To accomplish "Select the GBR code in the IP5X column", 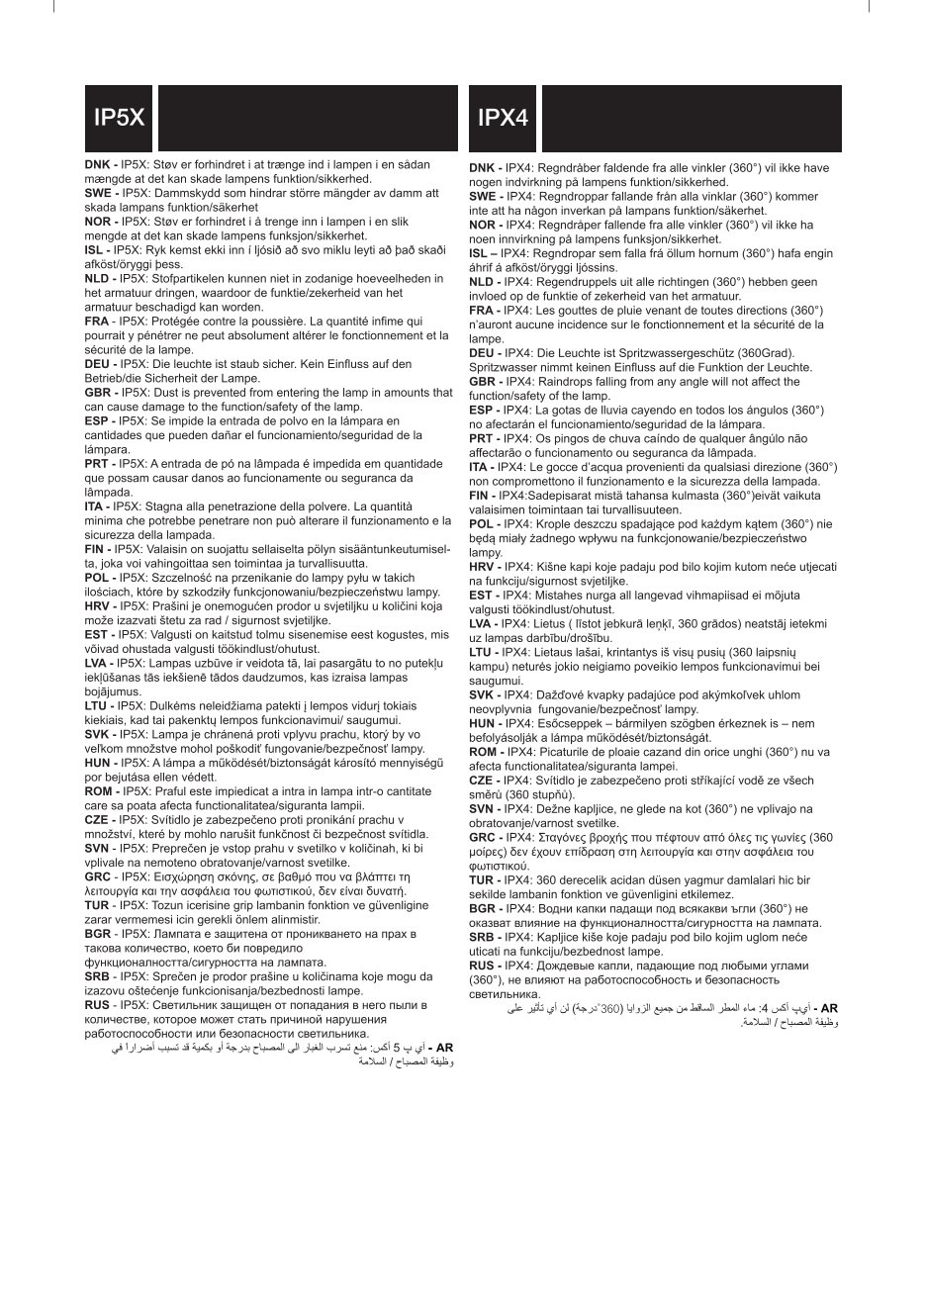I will click(x=98, y=393).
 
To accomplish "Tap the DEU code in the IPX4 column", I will click(x=483, y=353).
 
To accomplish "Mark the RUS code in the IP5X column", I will click(x=98, y=1004).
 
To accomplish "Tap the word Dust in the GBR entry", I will click(x=172, y=393).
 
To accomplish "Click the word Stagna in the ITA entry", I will click(x=168, y=506).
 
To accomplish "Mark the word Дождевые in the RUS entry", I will click(x=563, y=966).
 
